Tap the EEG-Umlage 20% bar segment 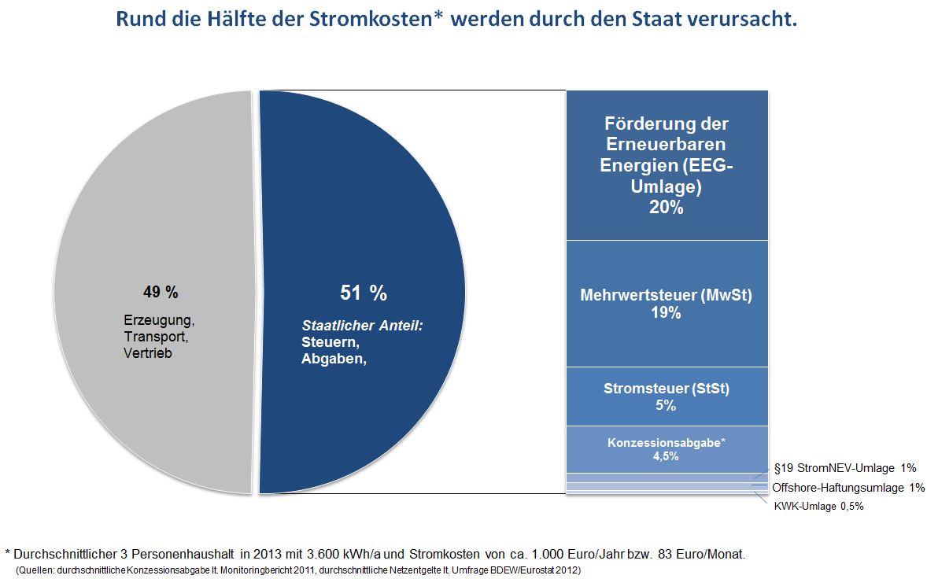pos(667,165)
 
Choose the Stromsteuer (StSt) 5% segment pos(667,396)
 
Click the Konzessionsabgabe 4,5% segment pos(667,449)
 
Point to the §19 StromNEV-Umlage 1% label pos(845,468)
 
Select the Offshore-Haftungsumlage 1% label pos(848,488)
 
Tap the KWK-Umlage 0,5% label pos(819,507)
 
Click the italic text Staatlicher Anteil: pos(363,325)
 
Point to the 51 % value pos(364,293)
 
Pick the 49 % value pos(161,293)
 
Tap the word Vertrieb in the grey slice pos(147,353)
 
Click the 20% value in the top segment pos(667,208)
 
